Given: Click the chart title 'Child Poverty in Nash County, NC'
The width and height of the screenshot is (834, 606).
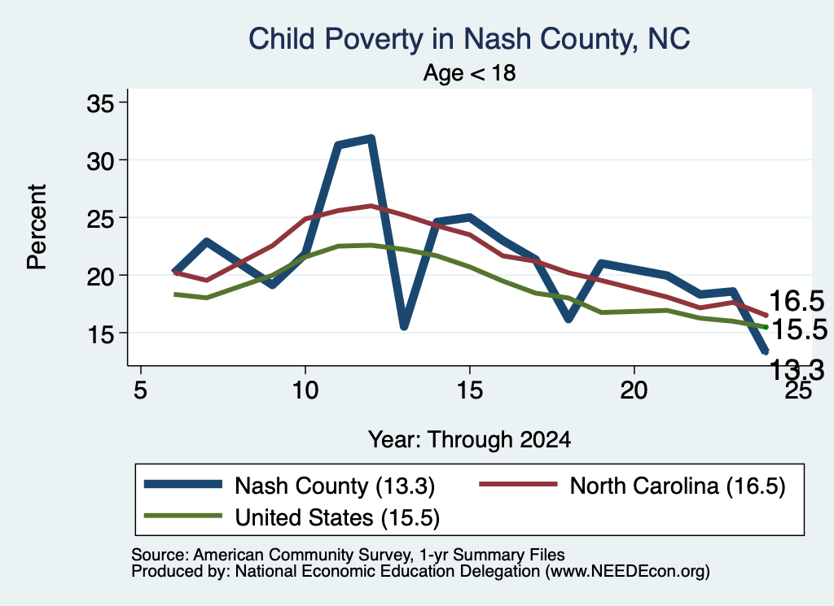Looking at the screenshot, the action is coord(469,40).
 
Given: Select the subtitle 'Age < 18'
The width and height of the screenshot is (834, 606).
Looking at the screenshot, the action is coord(469,72).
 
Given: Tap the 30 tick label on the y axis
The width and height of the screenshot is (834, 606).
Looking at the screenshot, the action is coord(100,160).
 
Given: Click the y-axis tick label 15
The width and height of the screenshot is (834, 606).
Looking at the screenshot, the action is coord(100,334).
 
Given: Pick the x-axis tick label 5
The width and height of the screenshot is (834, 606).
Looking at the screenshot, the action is coord(140,390).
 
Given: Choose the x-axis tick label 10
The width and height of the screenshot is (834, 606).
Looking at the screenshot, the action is coord(305,390).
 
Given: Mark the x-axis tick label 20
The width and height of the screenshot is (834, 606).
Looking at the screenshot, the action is coord(634,390).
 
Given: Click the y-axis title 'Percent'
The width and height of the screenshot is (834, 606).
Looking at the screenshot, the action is coord(37,227).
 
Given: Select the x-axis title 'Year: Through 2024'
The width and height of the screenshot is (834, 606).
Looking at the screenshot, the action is coord(469,440).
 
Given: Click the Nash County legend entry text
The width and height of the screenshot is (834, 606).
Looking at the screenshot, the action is coord(335,486).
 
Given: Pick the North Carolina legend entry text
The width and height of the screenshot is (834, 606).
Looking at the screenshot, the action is coord(678,486).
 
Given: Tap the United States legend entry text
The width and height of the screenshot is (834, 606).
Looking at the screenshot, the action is coord(337,517).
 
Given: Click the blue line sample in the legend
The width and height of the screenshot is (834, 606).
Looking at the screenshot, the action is coord(183,484).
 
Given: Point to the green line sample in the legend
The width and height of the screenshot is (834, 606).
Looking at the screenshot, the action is coord(183,515).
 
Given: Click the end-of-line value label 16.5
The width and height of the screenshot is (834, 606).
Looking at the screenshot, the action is coord(797,301).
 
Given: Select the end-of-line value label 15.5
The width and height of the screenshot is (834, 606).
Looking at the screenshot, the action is coord(799,329).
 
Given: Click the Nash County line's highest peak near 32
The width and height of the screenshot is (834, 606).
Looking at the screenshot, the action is coord(371,139).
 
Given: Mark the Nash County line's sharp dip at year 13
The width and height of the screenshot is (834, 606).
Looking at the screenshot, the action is coord(404,325).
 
